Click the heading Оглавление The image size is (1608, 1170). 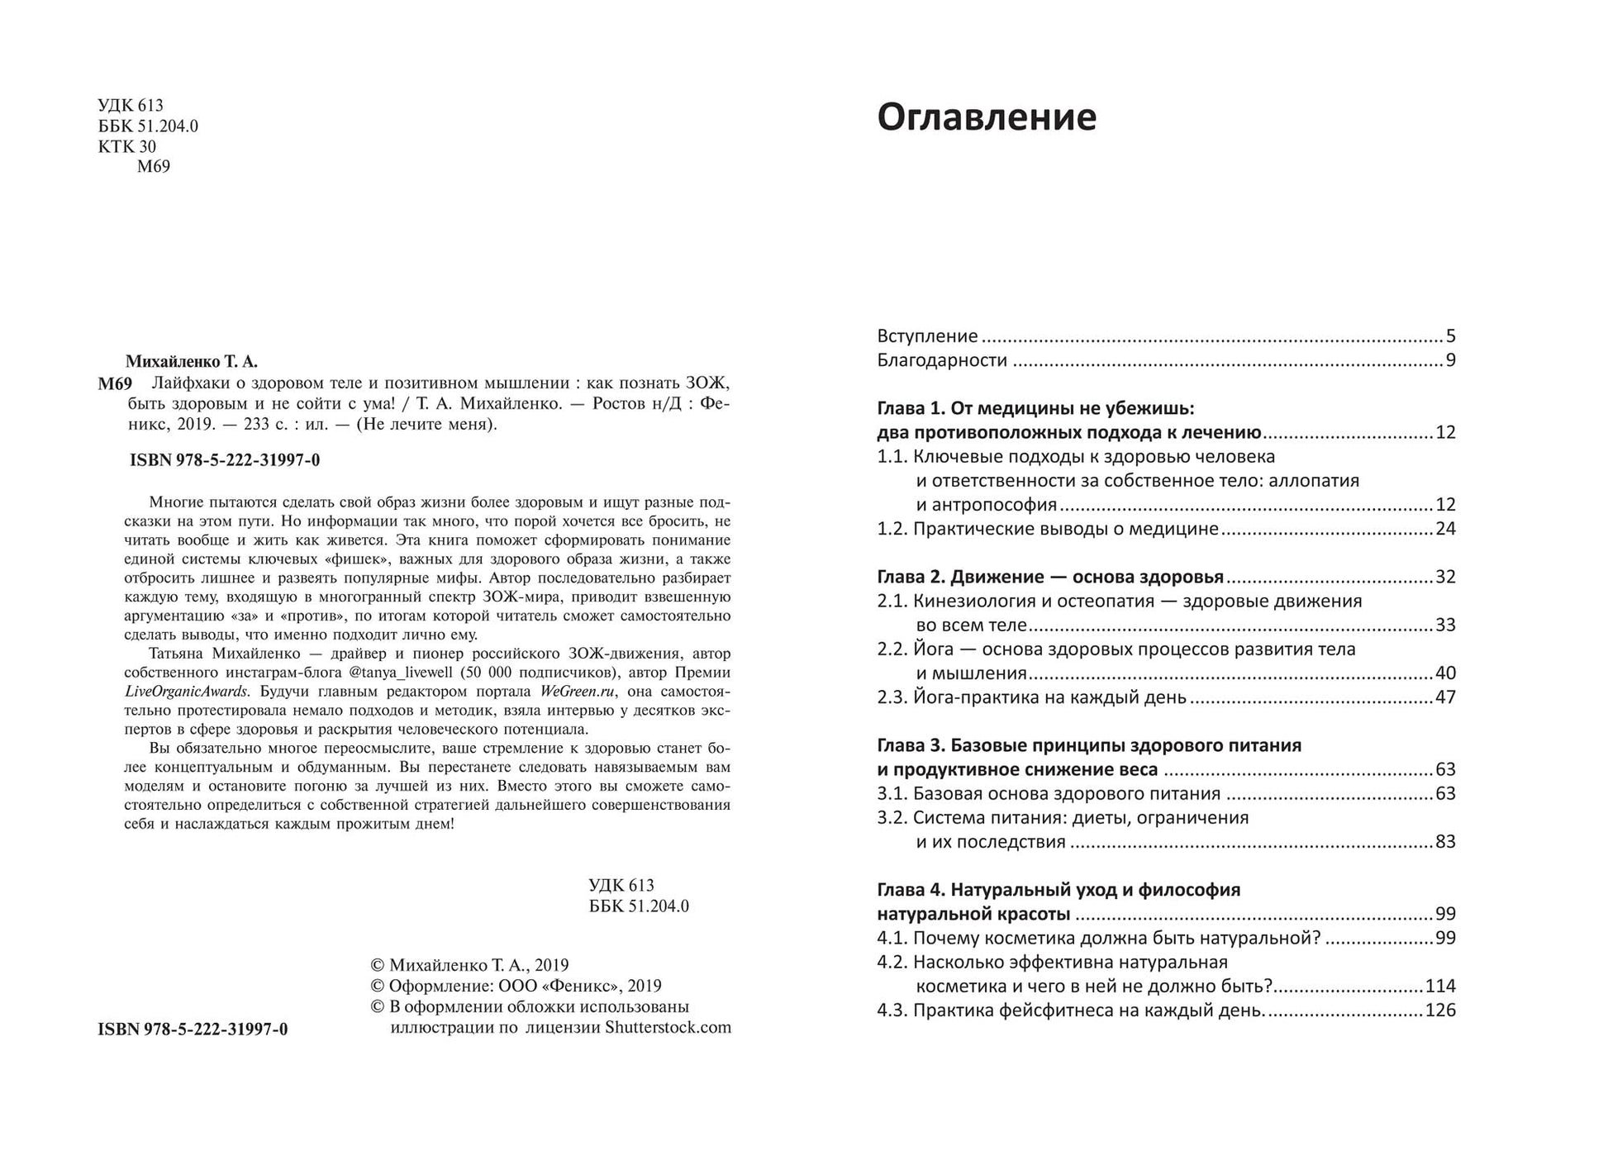(x=986, y=117)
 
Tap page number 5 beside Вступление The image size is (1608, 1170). (x=1450, y=336)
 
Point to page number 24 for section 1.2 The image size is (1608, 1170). (x=1445, y=529)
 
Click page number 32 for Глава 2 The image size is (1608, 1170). (x=1445, y=577)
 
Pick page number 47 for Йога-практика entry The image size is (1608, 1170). (x=1445, y=697)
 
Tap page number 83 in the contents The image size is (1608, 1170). (x=1445, y=842)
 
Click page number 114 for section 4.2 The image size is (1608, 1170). (x=1440, y=987)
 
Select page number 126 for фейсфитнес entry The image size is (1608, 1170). (x=1440, y=1011)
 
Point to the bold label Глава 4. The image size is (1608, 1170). (x=910, y=890)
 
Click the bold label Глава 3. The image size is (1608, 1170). (x=910, y=745)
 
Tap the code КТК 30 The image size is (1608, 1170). (x=126, y=146)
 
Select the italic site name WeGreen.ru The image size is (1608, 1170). (x=577, y=692)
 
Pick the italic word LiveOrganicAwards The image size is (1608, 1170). (x=186, y=692)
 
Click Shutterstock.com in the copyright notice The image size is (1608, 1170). (x=668, y=1028)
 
